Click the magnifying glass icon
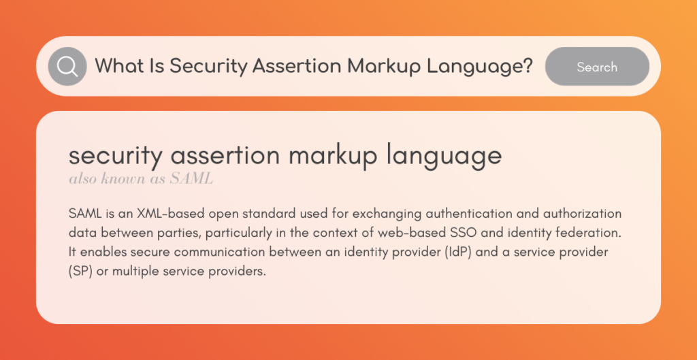pyautogui.click(x=67, y=67)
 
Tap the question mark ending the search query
pyautogui.click(x=528, y=66)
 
